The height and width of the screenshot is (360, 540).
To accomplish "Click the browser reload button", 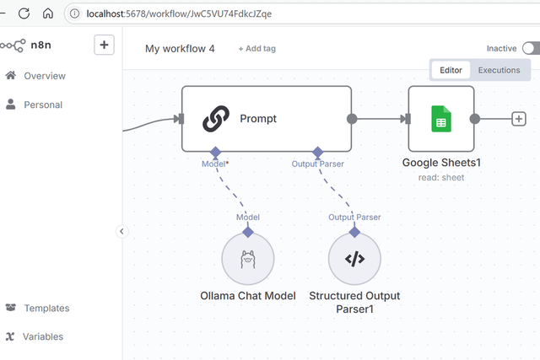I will [24, 13].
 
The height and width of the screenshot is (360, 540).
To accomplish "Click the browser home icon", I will [48, 13].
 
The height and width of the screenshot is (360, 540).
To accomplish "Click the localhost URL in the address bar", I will [179, 13].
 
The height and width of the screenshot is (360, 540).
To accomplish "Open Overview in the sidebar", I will [44, 76].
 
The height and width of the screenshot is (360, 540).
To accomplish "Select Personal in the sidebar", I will [42, 105].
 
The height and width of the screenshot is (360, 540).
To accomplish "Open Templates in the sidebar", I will [46, 309].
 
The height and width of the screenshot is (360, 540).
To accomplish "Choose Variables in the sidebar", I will [42, 337].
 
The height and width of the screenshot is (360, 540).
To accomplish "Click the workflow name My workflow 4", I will [180, 49].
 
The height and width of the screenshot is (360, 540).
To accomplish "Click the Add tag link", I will [256, 49].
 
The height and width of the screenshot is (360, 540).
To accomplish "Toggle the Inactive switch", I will [531, 49].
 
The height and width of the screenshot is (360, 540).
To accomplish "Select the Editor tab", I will [451, 70].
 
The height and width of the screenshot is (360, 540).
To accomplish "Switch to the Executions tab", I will [499, 70].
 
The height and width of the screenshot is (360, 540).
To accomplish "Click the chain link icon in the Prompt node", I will [217, 119].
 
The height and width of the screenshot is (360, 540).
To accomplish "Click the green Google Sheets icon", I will [440, 119].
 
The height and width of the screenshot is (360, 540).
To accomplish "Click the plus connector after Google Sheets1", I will [519, 119].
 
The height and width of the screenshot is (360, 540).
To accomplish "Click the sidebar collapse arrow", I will [121, 231].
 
